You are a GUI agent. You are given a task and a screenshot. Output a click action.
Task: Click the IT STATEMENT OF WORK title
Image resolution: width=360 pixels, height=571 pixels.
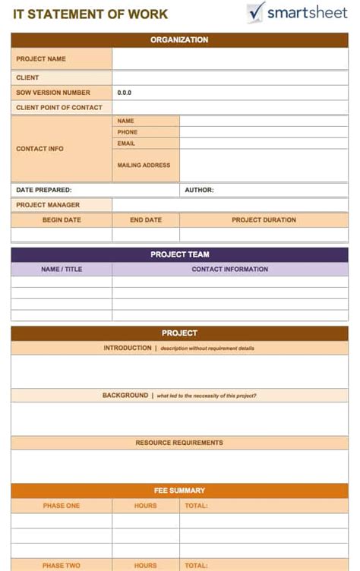pos(90,14)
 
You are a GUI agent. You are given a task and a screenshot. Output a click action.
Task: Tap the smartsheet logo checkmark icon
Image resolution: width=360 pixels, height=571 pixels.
pos(256,12)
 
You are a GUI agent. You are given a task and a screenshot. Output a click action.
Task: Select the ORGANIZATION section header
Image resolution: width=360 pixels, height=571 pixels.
pos(179,39)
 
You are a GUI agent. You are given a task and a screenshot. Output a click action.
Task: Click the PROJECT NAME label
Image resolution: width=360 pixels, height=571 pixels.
pos(41,58)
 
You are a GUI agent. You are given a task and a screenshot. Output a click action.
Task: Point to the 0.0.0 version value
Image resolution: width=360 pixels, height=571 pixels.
pos(125,93)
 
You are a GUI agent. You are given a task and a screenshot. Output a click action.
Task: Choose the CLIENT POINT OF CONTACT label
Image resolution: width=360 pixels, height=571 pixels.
pos(59,108)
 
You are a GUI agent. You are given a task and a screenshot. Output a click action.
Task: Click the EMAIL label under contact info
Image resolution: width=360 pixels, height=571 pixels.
pos(126,144)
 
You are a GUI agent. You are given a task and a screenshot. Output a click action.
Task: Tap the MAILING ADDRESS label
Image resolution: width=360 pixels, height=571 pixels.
pos(144,165)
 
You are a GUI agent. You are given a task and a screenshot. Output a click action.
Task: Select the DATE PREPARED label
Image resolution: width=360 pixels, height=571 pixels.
pos(44,190)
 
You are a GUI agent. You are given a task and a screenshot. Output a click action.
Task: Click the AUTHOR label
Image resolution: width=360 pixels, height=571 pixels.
pos(199,190)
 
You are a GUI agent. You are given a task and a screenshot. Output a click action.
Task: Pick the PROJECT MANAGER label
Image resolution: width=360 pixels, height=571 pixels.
pos(48,205)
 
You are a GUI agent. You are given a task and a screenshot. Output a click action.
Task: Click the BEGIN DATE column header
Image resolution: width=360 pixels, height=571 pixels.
pos(62,220)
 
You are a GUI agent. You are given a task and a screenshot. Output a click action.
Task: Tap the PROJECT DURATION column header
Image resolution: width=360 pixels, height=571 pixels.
pos(264,220)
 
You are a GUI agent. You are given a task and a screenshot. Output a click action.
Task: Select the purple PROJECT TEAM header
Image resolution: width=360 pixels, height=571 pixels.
pos(179,254)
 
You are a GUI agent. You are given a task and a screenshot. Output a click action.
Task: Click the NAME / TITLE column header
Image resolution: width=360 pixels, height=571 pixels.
pos(62,269)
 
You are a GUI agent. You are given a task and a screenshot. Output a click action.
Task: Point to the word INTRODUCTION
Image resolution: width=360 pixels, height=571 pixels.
pos(128,348)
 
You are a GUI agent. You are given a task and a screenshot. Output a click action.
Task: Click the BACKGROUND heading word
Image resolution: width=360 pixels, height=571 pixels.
pos(125,396)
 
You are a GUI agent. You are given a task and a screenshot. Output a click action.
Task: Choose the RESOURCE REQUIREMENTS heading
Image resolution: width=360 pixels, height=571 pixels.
pos(179,443)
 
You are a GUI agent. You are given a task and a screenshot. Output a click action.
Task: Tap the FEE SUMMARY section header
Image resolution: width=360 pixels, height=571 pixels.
pos(179,491)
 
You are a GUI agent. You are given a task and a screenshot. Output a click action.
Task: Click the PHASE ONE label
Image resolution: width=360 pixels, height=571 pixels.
pos(62,506)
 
